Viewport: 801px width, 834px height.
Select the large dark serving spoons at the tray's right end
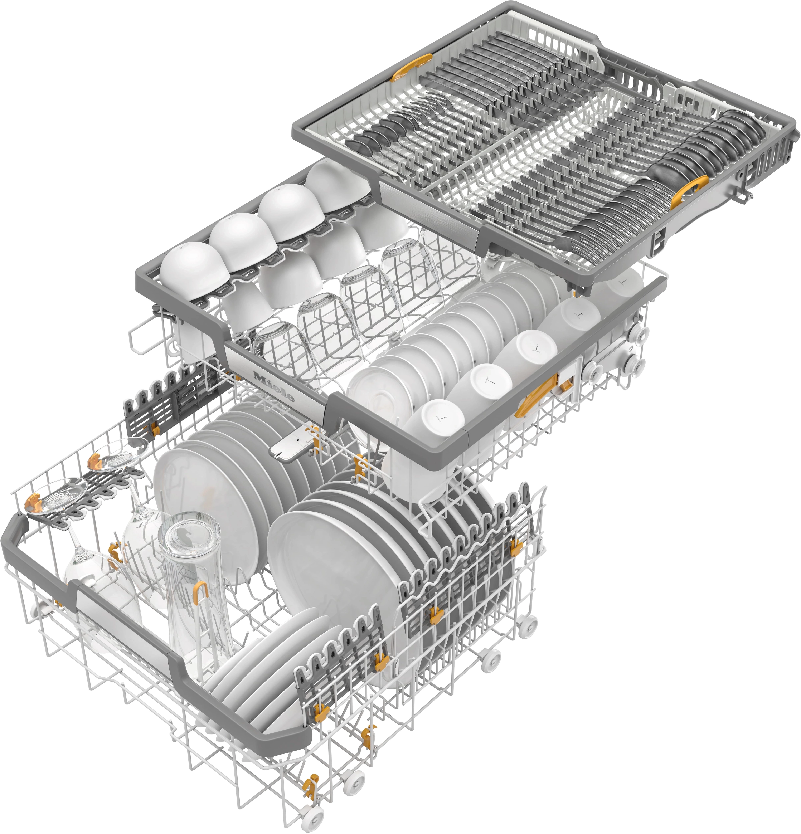pos(719,136)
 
